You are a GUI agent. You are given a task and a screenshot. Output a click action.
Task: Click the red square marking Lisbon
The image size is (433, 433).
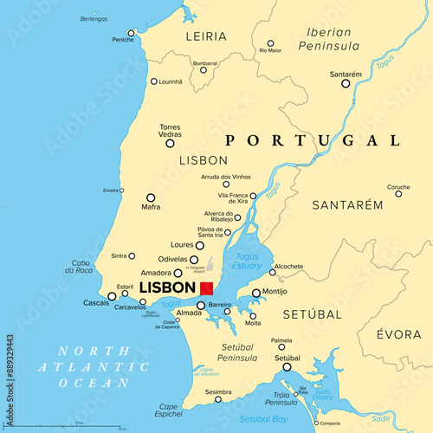pyautogui.click(x=206, y=288)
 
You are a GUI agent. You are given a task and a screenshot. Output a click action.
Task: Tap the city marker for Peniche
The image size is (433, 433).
pyautogui.click(x=131, y=34)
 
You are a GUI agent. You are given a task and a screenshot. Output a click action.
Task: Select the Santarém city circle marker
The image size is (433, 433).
pyautogui.click(x=346, y=83)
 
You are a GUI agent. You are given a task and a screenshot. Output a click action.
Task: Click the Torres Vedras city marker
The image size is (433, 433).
pyautogui.click(x=170, y=143)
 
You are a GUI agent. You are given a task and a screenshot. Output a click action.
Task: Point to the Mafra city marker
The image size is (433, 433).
pyautogui.click(x=151, y=197)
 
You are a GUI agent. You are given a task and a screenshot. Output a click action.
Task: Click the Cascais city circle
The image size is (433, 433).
pyautogui.click(x=112, y=296)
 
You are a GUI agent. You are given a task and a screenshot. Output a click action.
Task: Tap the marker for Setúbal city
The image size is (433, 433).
pyautogui.click(x=287, y=367)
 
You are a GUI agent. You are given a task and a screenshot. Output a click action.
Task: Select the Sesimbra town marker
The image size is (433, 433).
pyautogui.click(x=218, y=399)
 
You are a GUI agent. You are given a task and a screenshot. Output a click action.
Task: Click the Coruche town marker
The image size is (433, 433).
pyautogui.click(x=398, y=194)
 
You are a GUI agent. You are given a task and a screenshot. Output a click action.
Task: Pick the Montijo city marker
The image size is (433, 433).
pyautogui.click(x=255, y=293)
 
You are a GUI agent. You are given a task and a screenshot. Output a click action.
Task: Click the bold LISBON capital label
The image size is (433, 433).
pyautogui.click(x=167, y=288)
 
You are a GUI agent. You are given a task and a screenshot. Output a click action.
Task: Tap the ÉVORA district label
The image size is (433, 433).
pyautogui.click(x=399, y=334)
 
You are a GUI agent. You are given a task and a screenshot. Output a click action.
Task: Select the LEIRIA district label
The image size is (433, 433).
pyautogui.click(x=206, y=36)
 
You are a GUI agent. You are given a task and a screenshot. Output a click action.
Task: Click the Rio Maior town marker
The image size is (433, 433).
pyautogui.click(x=270, y=42)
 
